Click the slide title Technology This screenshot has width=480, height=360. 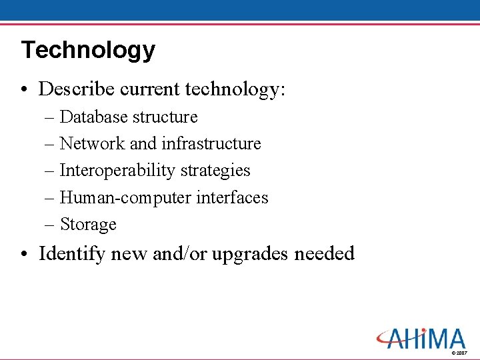87,51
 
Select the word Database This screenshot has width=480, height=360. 94,117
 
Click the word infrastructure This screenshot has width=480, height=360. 211,144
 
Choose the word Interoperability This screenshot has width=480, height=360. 117,171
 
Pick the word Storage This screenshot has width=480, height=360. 88,225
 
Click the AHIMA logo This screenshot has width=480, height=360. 419,338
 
